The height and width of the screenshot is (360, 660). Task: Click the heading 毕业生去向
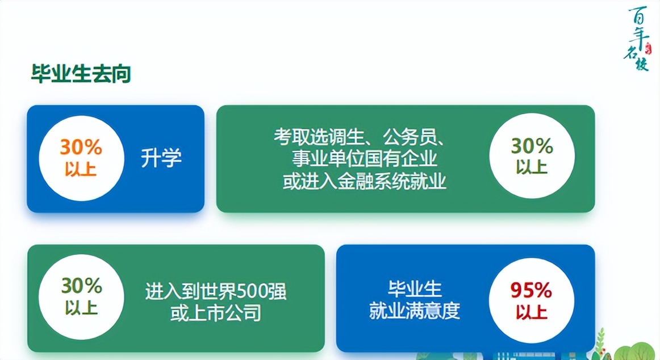tap(81, 74)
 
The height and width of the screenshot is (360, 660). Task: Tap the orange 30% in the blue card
tap(81, 147)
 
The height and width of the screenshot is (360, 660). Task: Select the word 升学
tap(161, 157)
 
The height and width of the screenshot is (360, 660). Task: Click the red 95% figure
tap(531, 291)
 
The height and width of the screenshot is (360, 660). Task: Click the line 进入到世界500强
tap(216, 292)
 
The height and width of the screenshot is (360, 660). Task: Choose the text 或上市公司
tap(216, 312)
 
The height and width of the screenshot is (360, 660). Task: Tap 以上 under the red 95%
tap(532, 312)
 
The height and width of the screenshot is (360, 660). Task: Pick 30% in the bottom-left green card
tap(81, 286)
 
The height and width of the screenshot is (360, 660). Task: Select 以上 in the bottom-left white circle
tap(81, 307)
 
